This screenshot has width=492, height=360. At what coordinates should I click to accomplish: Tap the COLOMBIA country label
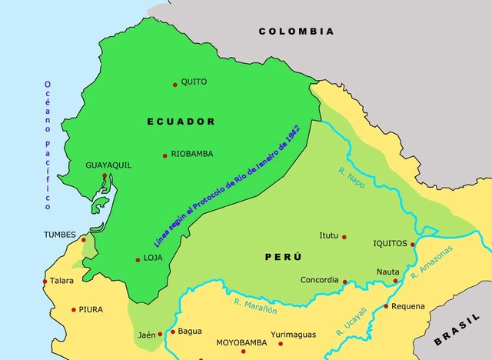tap(296, 32)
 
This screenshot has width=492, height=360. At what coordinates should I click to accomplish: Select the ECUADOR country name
tap(181, 122)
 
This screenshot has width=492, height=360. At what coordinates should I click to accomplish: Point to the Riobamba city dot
tap(165, 155)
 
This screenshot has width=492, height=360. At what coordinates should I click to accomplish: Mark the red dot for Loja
tap(138, 259)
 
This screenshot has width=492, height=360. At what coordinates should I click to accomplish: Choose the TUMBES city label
tap(59, 235)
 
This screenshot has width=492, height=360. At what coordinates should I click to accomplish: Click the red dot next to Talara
tap(45, 282)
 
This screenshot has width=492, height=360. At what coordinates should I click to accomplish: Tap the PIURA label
tap(91, 310)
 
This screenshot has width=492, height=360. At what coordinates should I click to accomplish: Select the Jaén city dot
tap(160, 334)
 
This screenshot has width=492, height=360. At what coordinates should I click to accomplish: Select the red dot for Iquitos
tap(413, 245)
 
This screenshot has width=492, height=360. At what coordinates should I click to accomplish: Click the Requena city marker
tap(386, 306)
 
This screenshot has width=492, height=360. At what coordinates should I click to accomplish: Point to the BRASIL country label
tap(459, 333)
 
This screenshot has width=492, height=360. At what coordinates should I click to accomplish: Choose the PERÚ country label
tap(284, 256)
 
